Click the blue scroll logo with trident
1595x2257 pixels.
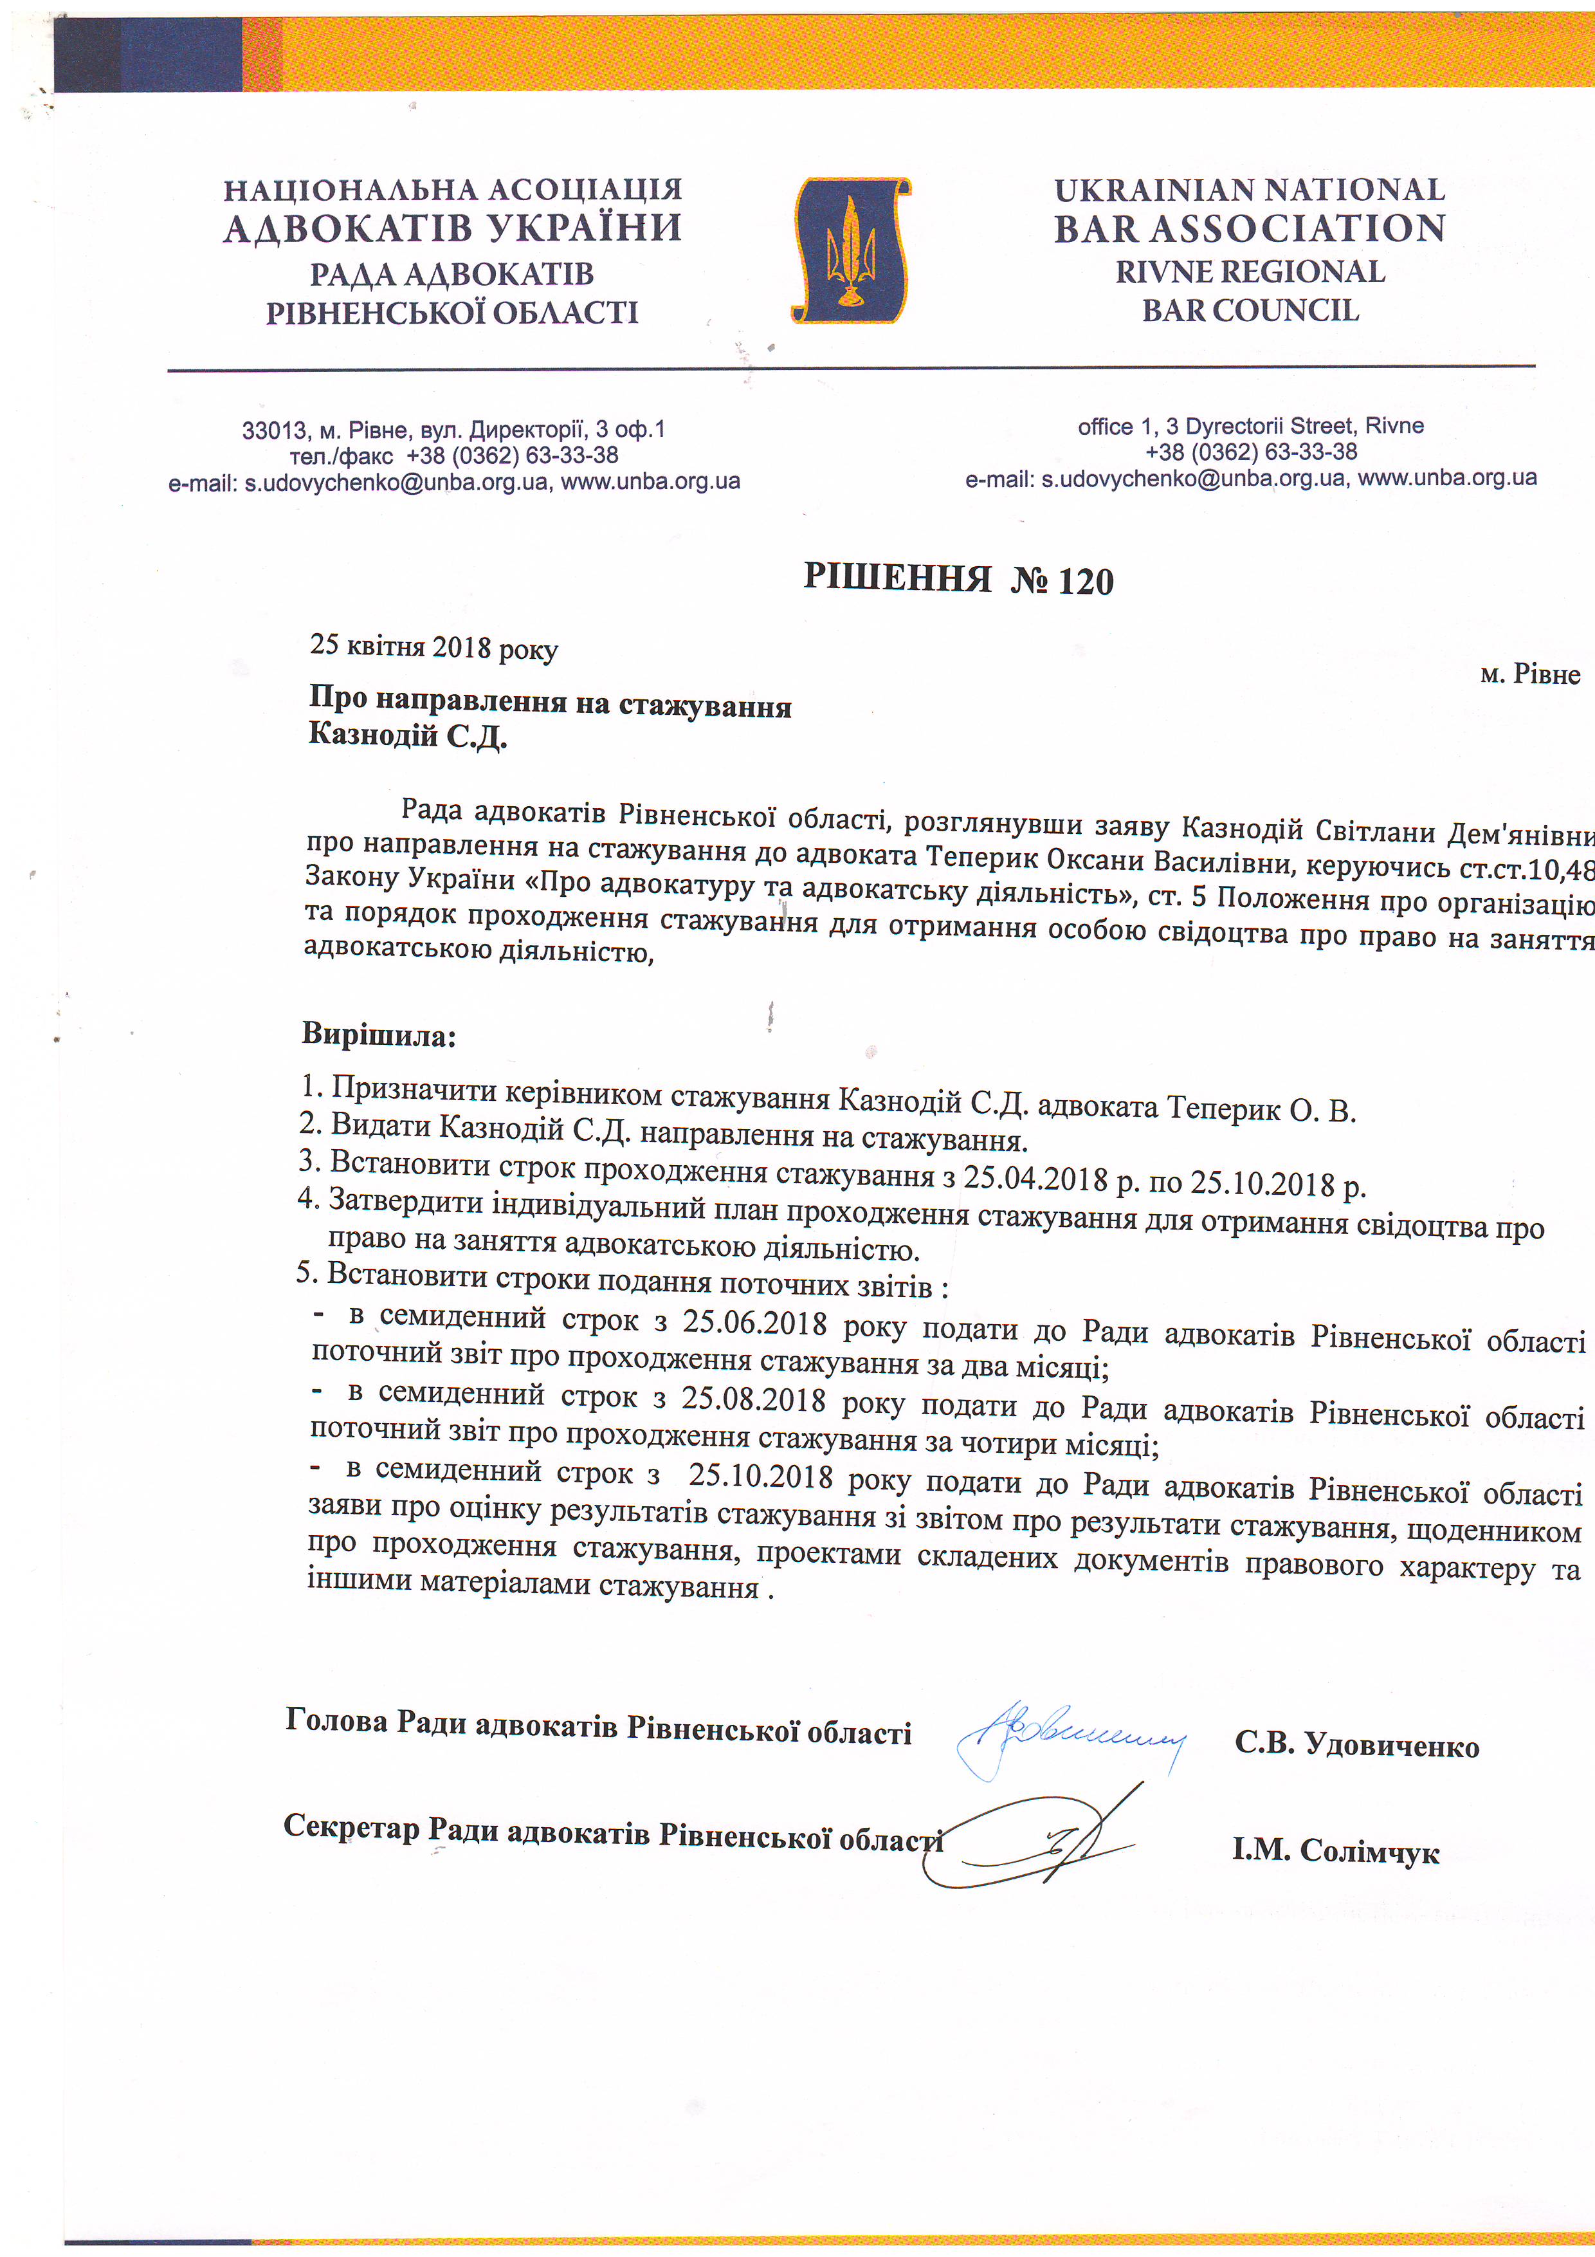(x=851, y=251)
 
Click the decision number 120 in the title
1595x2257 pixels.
(x=1086, y=582)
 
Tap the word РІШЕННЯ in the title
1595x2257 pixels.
(x=897, y=577)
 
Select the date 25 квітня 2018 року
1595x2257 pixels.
(x=433, y=647)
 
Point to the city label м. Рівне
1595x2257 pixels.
(x=1529, y=674)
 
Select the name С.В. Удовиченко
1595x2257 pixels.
(x=1356, y=1746)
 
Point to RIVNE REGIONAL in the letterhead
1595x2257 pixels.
(x=1250, y=272)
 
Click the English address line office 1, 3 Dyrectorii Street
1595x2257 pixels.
(x=1250, y=427)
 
